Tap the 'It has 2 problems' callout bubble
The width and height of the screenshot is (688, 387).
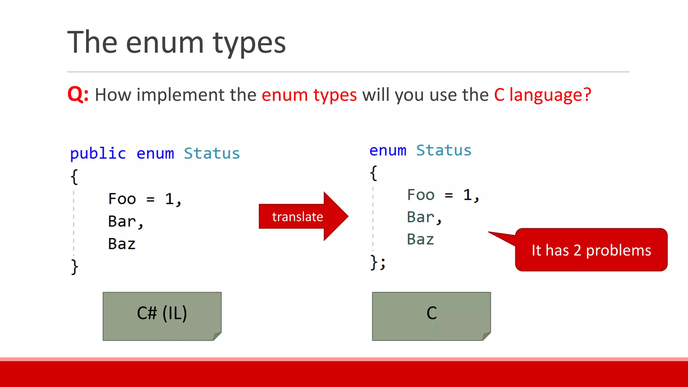coord(591,250)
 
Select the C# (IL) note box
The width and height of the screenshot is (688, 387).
coord(162,316)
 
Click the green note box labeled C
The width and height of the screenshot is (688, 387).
coord(431,316)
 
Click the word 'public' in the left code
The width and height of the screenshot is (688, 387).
coord(98,154)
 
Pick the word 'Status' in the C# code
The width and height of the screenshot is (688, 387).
coord(212,154)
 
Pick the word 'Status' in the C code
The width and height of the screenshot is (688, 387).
coord(444,150)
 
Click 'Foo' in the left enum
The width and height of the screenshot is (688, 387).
coord(122,199)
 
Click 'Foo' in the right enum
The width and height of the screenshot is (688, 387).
coord(421,195)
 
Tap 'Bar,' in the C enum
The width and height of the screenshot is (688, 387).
coord(424,217)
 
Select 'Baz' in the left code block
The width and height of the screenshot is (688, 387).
coord(122,244)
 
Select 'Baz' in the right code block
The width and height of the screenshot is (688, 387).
coord(420,240)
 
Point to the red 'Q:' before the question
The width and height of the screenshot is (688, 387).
coord(78,94)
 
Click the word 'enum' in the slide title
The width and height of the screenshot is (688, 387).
coord(165,43)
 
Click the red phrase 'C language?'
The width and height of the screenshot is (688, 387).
coord(542,95)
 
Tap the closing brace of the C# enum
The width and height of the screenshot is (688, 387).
coord(74,267)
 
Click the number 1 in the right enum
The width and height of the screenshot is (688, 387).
coord(467,195)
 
